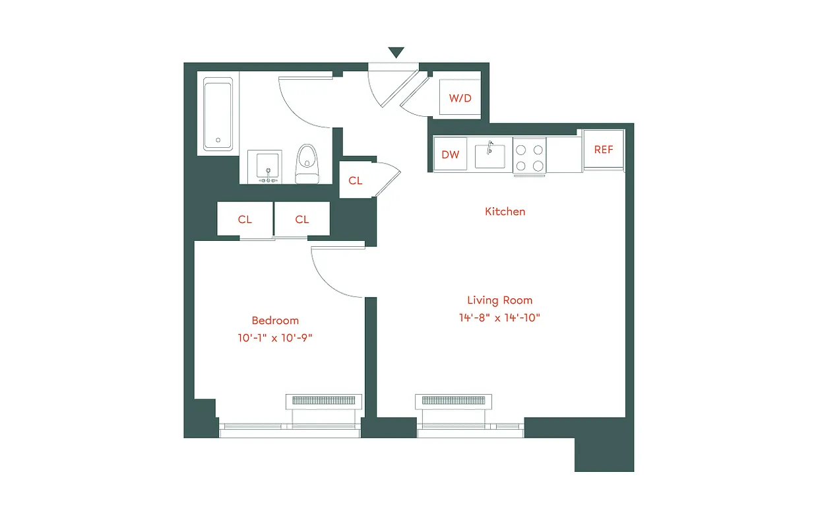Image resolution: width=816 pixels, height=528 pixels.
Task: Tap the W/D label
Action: click(x=460, y=98)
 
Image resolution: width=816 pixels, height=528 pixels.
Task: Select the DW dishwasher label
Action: click(x=450, y=154)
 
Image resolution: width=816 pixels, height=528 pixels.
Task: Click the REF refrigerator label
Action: click(x=603, y=150)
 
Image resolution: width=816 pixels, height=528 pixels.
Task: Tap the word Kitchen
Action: click(x=505, y=212)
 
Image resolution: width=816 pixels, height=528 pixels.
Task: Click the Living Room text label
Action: click(x=499, y=300)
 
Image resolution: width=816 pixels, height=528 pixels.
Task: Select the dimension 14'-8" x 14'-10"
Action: click(x=499, y=317)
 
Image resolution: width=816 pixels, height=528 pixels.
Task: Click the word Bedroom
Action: click(x=275, y=321)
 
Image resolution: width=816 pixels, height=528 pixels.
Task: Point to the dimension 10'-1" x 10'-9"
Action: click(x=275, y=338)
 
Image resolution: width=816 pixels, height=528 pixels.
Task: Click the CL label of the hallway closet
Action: click(x=356, y=180)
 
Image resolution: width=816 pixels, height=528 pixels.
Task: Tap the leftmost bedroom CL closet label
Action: click(x=245, y=219)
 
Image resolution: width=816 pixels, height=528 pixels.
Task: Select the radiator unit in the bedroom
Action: click(x=323, y=401)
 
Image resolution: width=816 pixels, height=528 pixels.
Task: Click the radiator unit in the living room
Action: click(x=453, y=401)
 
